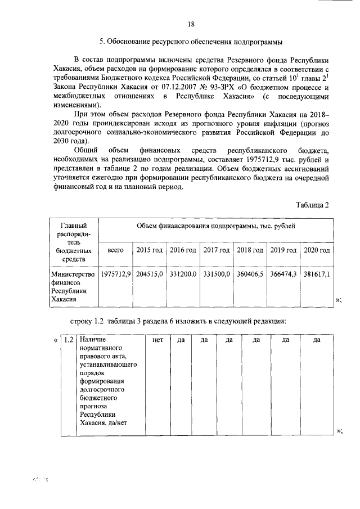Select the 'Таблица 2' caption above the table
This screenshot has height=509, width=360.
[313, 204]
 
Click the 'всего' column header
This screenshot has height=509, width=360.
[115, 249]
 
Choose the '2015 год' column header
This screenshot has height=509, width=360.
[149, 249]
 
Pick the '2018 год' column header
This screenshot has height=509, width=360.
[250, 249]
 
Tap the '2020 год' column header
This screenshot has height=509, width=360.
[316, 249]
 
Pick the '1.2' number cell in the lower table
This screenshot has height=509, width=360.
[68, 340]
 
